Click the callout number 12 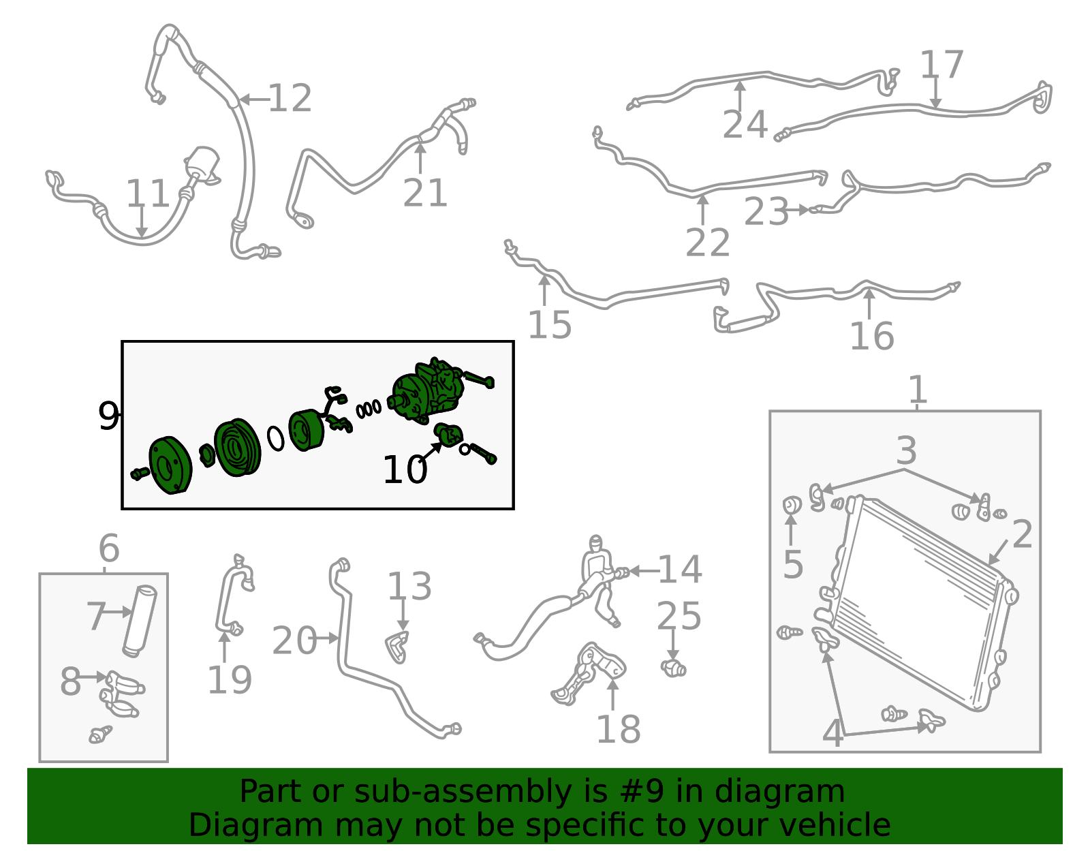(x=290, y=98)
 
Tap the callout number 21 (x=424, y=193)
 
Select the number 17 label (x=941, y=65)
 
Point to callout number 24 (x=745, y=125)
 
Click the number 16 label (x=872, y=336)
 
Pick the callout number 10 (x=405, y=470)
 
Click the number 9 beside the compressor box (x=108, y=416)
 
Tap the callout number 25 (x=679, y=616)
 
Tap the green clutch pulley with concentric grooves (x=237, y=448)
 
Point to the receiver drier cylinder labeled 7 (x=140, y=621)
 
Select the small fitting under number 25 (x=674, y=668)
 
